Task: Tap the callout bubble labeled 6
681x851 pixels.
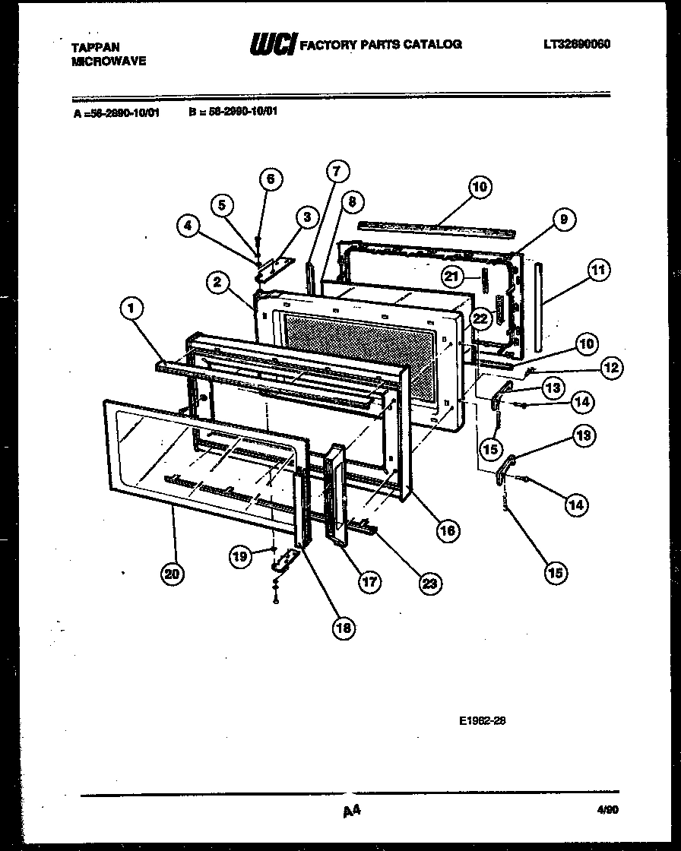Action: pos(270,179)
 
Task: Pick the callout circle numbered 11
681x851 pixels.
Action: pos(598,268)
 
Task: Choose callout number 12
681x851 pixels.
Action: pos(612,368)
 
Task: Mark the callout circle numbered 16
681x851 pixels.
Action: pos(446,530)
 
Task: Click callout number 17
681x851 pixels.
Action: pos(369,582)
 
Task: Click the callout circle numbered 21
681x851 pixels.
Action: pos(453,277)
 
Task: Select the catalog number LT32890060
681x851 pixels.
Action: pos(577,44)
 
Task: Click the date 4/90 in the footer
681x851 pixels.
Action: pos(598,811)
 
